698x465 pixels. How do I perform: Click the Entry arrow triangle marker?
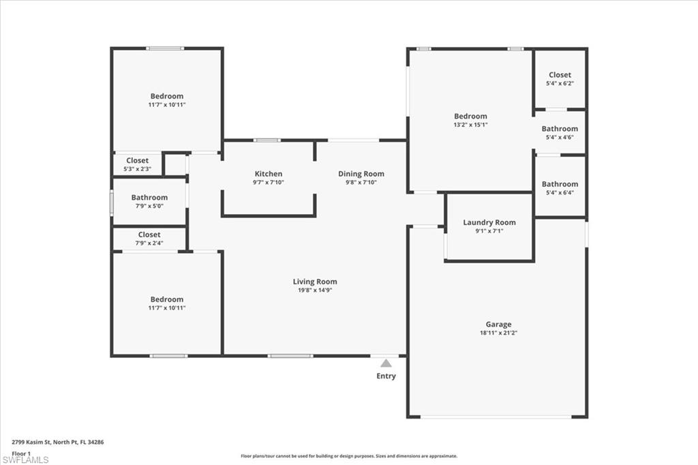(386, 363)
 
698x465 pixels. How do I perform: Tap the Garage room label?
(498, 325)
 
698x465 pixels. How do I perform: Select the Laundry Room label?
(489, 222)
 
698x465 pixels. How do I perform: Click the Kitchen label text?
(269, 174)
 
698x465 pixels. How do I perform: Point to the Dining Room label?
(361, 174)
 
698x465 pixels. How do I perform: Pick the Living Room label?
(315, 282)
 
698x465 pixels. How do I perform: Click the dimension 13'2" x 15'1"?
(470, 125)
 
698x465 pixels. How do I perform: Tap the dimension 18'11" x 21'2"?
(498, 333)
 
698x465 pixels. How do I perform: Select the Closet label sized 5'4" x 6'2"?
(560, 75)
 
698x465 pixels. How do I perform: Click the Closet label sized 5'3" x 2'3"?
(137, 161)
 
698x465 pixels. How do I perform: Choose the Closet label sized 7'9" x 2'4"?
(149, 235)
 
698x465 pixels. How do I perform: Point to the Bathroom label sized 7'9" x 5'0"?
(149, 198)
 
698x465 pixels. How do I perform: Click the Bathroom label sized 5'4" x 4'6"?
(560, 129)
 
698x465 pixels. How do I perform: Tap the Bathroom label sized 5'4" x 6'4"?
(560, 184)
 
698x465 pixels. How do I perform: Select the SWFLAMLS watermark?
(25, 460)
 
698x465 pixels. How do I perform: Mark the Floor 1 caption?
(21, 453)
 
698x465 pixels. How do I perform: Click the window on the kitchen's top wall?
(267, 140)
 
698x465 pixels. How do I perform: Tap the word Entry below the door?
(386, 376)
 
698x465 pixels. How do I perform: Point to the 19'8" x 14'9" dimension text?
(315, 290)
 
